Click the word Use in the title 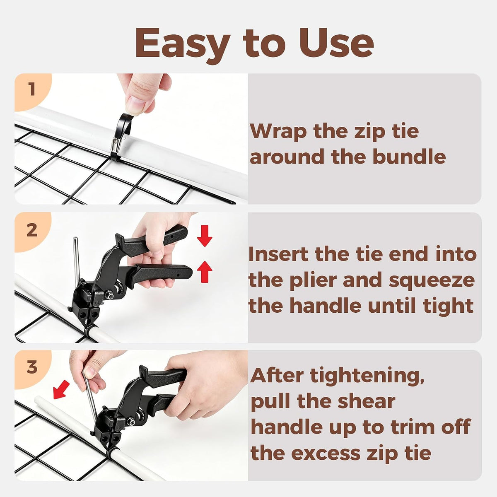click(x=337, y=43)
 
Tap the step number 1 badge click(x=32, y=89)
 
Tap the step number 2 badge click(x=32, y=230)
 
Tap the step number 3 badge click(x=32, y=367)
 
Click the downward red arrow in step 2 click(x=205, y=236)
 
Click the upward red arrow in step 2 click(x=205, y=272)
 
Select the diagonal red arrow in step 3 click(x=61, y=390)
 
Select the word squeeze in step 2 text click(x=432, y=281)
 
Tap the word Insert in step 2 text click(x=279, y=254)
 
